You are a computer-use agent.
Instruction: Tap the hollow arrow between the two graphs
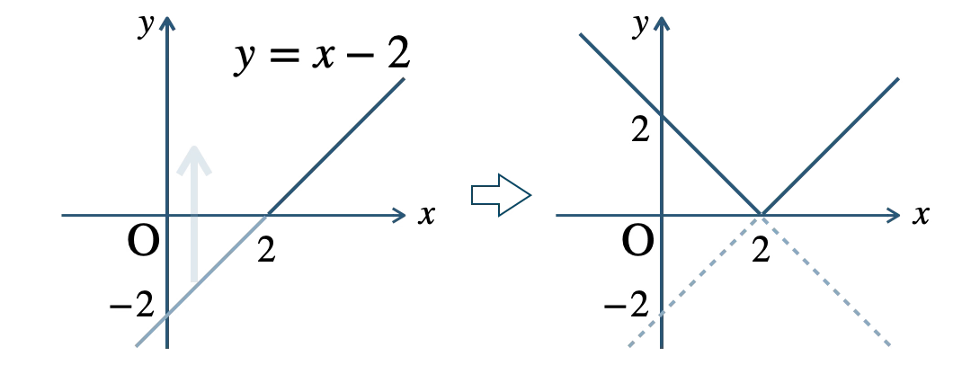(502, 195)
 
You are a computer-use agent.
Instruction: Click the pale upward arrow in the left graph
(194, 214)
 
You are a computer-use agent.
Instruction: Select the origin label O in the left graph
(144, 241)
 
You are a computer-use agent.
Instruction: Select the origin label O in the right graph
(638, 241)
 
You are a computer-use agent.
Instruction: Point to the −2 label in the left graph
(131, 305)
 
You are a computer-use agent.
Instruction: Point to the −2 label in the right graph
(626, 305)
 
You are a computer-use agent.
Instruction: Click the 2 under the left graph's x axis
(266, 249)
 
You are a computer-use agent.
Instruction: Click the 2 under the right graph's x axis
(761, 249)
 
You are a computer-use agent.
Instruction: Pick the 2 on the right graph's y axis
(641, 129)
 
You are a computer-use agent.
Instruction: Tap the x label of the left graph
(426, 215)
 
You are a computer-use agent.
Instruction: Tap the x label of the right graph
(921, 215)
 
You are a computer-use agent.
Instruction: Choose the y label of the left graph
(146, 25)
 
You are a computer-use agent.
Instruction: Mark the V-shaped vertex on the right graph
(761, 215)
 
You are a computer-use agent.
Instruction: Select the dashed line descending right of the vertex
(826, 280)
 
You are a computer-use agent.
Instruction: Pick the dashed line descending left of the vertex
(695, 280)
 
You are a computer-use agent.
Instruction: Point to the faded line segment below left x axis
(201, 280)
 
